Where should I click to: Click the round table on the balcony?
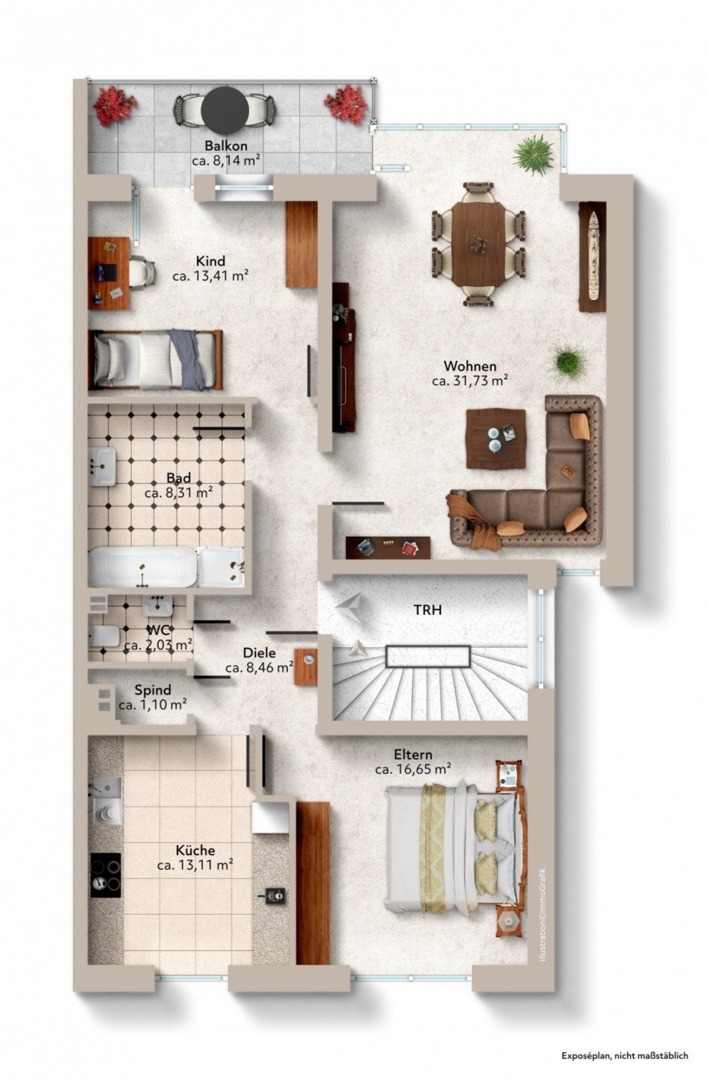coord(223,108)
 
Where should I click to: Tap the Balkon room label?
coord(224,146)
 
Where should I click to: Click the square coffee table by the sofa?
coord(496,438)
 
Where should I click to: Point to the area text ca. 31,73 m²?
coord(470,380)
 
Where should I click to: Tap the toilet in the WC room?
coord(103,636)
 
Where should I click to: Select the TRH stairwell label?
coord(427,610)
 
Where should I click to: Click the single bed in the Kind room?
coord(157,360)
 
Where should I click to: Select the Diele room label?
coord(259,653)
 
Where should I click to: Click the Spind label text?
coord(153,690)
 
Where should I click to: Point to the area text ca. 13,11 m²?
coord(195,865)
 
